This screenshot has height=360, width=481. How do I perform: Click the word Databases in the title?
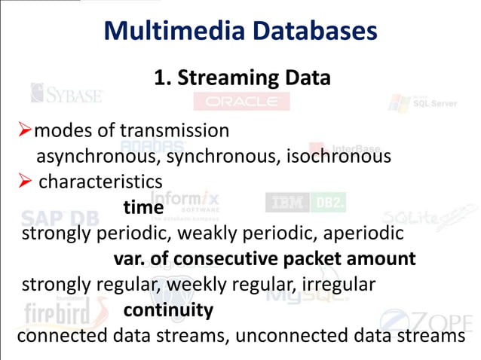(x=308, y=31)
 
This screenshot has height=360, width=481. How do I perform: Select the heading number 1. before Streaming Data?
(x=163, y=78)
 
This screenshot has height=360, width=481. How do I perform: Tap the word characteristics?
(x=100, y=182)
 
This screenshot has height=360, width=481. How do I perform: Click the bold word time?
(x=142, y=207)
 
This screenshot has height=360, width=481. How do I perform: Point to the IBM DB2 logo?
(x=305, y=203)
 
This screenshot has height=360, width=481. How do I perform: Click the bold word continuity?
(x=168, y=310)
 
